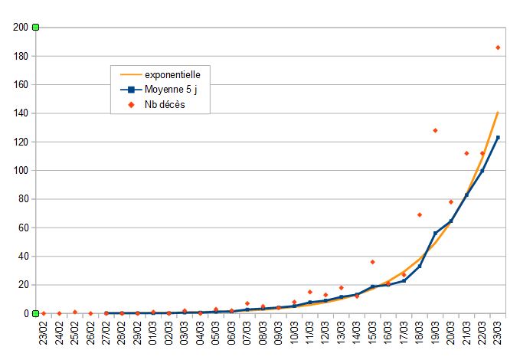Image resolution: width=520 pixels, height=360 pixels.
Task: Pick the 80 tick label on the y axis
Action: click(x=22, y=199)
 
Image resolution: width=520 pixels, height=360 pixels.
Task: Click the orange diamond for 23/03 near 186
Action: click(x=498, y=47)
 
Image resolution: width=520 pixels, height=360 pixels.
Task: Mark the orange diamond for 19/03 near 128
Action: click(x=435, y=130)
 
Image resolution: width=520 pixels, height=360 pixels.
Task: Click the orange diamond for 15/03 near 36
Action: click(x=372, y=262)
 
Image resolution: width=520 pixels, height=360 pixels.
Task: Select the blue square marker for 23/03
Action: click(x=498, y=137)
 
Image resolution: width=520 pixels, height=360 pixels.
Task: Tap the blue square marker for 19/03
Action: click(x=435, y=233)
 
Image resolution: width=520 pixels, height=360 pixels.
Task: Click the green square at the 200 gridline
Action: click(x=35, y=28)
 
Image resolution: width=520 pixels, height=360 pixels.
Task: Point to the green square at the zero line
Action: click(x=35, y=313)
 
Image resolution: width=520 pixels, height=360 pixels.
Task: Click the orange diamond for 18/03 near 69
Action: click(x=420, y=214)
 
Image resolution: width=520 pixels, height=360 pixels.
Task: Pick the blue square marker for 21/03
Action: click(x=466, y=195)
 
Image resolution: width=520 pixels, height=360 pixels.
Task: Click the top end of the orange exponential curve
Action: click(x=498, y=113)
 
